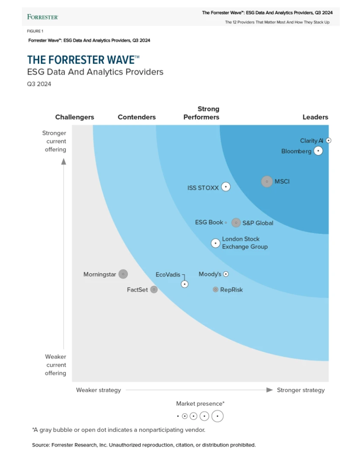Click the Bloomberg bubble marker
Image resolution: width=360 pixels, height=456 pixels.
click(x=318, y=151)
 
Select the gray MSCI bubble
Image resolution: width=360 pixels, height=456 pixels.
click(x=267, y=182)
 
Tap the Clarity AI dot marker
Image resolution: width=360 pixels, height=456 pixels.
click(x=328, y=140)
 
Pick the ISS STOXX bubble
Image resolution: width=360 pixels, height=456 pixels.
click(x=226, y=187)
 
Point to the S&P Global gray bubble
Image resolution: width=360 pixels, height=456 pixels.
click(x=236, y=223)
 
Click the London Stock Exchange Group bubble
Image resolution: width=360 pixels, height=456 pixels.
click(x=215, y=243)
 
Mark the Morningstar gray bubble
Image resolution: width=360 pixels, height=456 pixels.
click(x=123, y=274)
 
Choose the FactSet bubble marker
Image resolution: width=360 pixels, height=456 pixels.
click(x=154, y=289)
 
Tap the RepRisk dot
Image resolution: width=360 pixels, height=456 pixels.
click(x=215, y=289)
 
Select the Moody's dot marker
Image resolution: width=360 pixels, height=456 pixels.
click(x=226, y=274)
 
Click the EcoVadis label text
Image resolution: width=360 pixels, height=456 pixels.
click(x=168, y=274)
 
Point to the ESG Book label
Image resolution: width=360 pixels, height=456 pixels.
click(x=209, y=222)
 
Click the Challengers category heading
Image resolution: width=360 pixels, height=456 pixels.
click(x=75, y=117)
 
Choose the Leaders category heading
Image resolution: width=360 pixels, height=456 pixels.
click(x=315, y=117)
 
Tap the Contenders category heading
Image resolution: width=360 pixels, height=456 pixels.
click(x=137, y=117)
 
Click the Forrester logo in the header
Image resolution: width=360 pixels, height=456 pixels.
click(x=42, y=17)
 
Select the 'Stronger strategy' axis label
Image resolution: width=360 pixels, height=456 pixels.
click(x=301, y=390)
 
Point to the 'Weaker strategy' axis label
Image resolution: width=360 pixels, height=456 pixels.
click(x=98, y=390)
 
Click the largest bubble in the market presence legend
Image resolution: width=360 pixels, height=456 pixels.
click(x=217, y=416)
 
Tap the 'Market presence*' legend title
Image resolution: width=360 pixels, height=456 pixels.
click(x=200, y=403)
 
